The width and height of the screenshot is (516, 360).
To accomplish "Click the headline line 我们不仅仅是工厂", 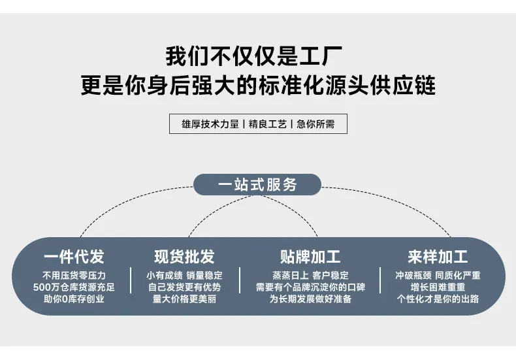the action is (258, 57).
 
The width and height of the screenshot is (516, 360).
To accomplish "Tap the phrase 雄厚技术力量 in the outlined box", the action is (206, 124).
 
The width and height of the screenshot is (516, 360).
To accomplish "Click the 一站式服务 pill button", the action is (257, 185).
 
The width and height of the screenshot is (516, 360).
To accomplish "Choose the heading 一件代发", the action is (74, 256).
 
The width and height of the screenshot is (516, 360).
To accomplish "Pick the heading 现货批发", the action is (184, 256).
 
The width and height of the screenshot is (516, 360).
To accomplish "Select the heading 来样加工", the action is (438, 256).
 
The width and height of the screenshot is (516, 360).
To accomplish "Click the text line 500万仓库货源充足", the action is (74, 287).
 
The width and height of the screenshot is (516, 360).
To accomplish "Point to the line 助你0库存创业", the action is (74, 299).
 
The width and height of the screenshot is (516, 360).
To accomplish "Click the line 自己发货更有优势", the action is (184, 287).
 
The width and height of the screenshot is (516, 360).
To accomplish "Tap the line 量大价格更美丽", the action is (184, 299).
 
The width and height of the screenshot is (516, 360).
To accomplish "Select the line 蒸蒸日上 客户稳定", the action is (310, 276).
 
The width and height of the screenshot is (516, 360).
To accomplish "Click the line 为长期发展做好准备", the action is (310, 299).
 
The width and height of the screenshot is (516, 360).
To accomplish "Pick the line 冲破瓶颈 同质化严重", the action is (438, 276).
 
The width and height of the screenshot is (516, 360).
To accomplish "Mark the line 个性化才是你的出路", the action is (438, 299).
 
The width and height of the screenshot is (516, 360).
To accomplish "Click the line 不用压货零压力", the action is (74, 276).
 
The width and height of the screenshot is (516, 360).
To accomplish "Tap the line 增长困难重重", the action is (438, 287).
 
